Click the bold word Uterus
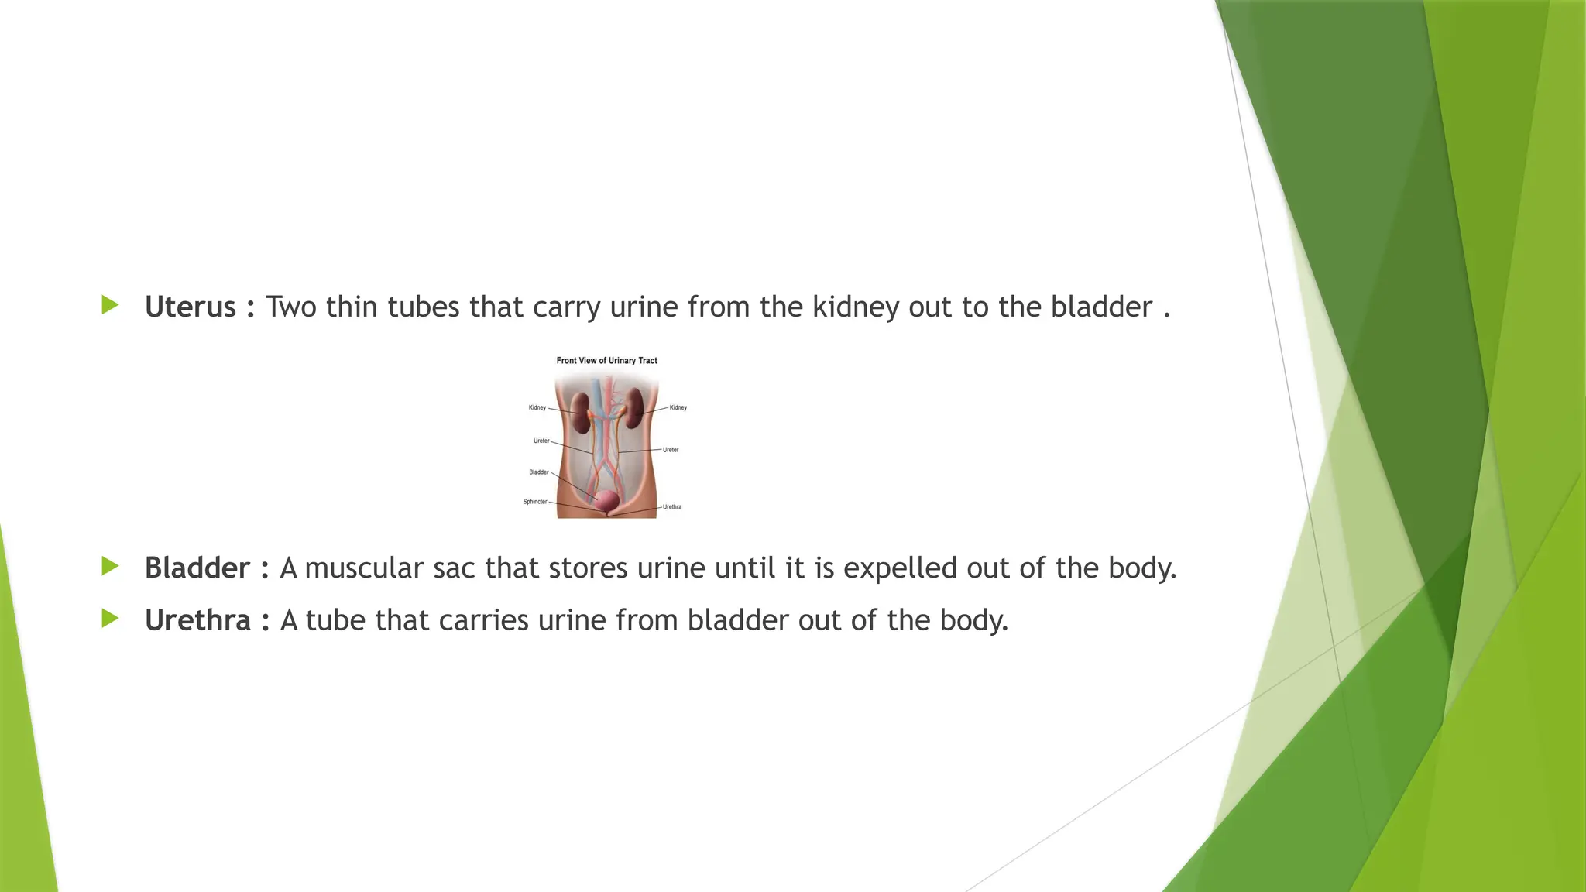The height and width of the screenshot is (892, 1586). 190,307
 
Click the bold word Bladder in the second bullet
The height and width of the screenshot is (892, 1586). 197,568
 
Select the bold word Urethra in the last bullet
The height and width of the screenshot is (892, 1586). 197,620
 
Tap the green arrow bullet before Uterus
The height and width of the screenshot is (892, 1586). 110,305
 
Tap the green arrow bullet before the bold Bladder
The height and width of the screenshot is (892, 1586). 110,566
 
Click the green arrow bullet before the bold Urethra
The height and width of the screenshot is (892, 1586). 110,618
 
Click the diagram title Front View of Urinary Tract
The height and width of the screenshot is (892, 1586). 606,361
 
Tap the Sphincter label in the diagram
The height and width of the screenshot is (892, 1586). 534,502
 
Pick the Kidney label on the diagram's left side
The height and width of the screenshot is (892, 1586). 537,407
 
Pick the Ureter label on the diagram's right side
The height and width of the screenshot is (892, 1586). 671,450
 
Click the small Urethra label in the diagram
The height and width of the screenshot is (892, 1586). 672,507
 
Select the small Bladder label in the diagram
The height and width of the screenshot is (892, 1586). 538,472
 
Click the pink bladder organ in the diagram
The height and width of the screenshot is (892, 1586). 607,501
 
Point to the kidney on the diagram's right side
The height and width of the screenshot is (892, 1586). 635,408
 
